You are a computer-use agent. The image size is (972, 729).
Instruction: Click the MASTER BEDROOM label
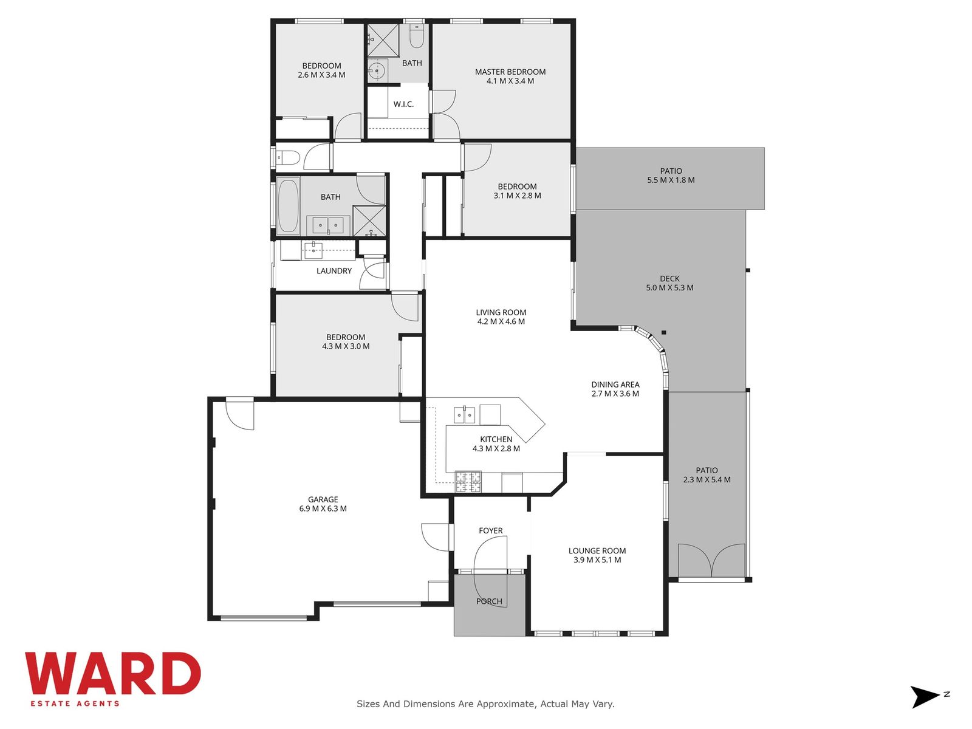[510, 72]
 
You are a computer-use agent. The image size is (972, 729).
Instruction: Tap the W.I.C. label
[403, 104]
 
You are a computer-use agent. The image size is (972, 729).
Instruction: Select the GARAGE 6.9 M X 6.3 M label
[323, 504]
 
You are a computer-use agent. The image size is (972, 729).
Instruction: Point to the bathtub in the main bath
[288, 207]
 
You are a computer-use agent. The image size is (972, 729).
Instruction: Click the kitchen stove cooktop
[468, 482]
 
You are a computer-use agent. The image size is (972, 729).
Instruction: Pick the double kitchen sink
[464, 415]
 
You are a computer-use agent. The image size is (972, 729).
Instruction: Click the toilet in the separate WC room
[289, 157]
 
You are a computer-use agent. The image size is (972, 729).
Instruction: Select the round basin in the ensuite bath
[377, 70]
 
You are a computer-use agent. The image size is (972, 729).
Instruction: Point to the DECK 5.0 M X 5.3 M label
[669, 283]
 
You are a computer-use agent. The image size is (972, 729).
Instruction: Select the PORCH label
[489, 601]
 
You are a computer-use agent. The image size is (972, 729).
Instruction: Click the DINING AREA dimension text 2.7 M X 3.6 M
[615, 394]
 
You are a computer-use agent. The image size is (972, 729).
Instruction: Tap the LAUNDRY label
[334, 271]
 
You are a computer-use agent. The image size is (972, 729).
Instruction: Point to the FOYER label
[491, 530]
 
